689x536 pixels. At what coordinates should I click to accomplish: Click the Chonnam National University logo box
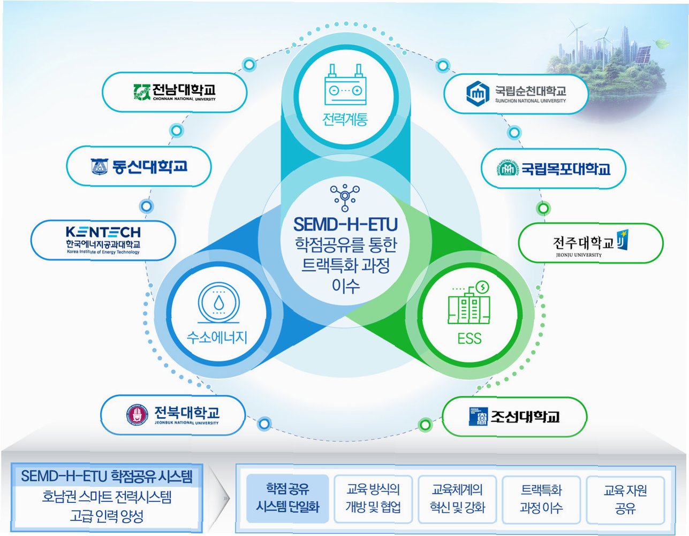point(174,93)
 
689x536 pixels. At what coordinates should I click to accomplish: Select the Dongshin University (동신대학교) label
point(139,167)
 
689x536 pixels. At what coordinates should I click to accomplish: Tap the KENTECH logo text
point(103,232)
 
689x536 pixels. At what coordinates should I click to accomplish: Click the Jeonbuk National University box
point(173,415)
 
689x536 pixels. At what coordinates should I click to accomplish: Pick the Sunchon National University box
point(516,94)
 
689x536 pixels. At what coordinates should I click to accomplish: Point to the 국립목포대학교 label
point(565,169)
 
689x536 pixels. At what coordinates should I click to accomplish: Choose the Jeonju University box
point(590,243)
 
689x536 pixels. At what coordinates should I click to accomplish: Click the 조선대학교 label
point(525,416)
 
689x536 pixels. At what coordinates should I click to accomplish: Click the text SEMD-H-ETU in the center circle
point(345,223)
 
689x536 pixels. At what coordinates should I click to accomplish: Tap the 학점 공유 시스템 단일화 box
point(287,498)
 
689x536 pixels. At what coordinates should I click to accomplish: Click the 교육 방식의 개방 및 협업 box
point(373,498)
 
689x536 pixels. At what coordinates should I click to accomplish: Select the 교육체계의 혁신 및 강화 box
point(457,498)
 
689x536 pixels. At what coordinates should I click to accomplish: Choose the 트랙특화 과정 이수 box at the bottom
point(541,498)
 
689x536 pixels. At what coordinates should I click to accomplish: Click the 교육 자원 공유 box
point(625,498)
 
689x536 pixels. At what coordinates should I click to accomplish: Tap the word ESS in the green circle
point(470,339)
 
